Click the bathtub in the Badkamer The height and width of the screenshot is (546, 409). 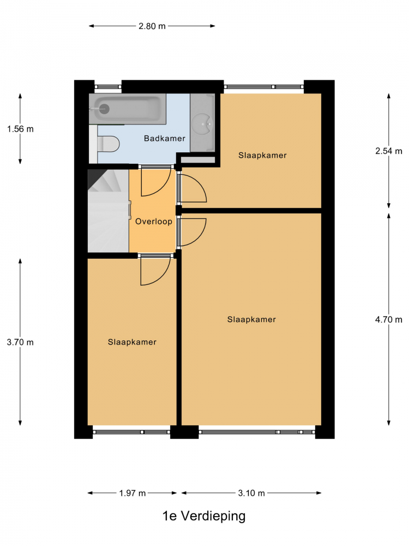coord(127,109)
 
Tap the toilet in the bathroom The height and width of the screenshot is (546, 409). coord(108,144)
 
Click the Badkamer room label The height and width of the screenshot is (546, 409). coord(165,138)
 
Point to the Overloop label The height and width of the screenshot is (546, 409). coord(154,222)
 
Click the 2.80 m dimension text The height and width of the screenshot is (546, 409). coord(152,26)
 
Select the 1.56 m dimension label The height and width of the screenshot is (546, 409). coord(21,129)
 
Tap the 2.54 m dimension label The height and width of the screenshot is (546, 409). coord(388,151)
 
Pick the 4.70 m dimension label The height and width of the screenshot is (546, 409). coord(388,319)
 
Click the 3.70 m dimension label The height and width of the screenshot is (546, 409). coord(20,342)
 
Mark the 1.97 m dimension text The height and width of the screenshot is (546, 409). coord(132,493)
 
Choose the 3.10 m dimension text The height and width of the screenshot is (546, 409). coord(251,493)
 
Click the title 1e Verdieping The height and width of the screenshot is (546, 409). coord(204,516)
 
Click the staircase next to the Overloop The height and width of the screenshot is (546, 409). coord(108,211)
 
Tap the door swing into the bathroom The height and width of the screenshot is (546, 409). coord(156,181)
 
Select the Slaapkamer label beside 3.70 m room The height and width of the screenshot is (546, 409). coord(132,342)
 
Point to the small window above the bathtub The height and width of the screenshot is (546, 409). coord(108,87)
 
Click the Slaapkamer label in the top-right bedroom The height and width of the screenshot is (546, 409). coord(263,155)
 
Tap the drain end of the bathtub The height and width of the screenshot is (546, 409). coord(103,109)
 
